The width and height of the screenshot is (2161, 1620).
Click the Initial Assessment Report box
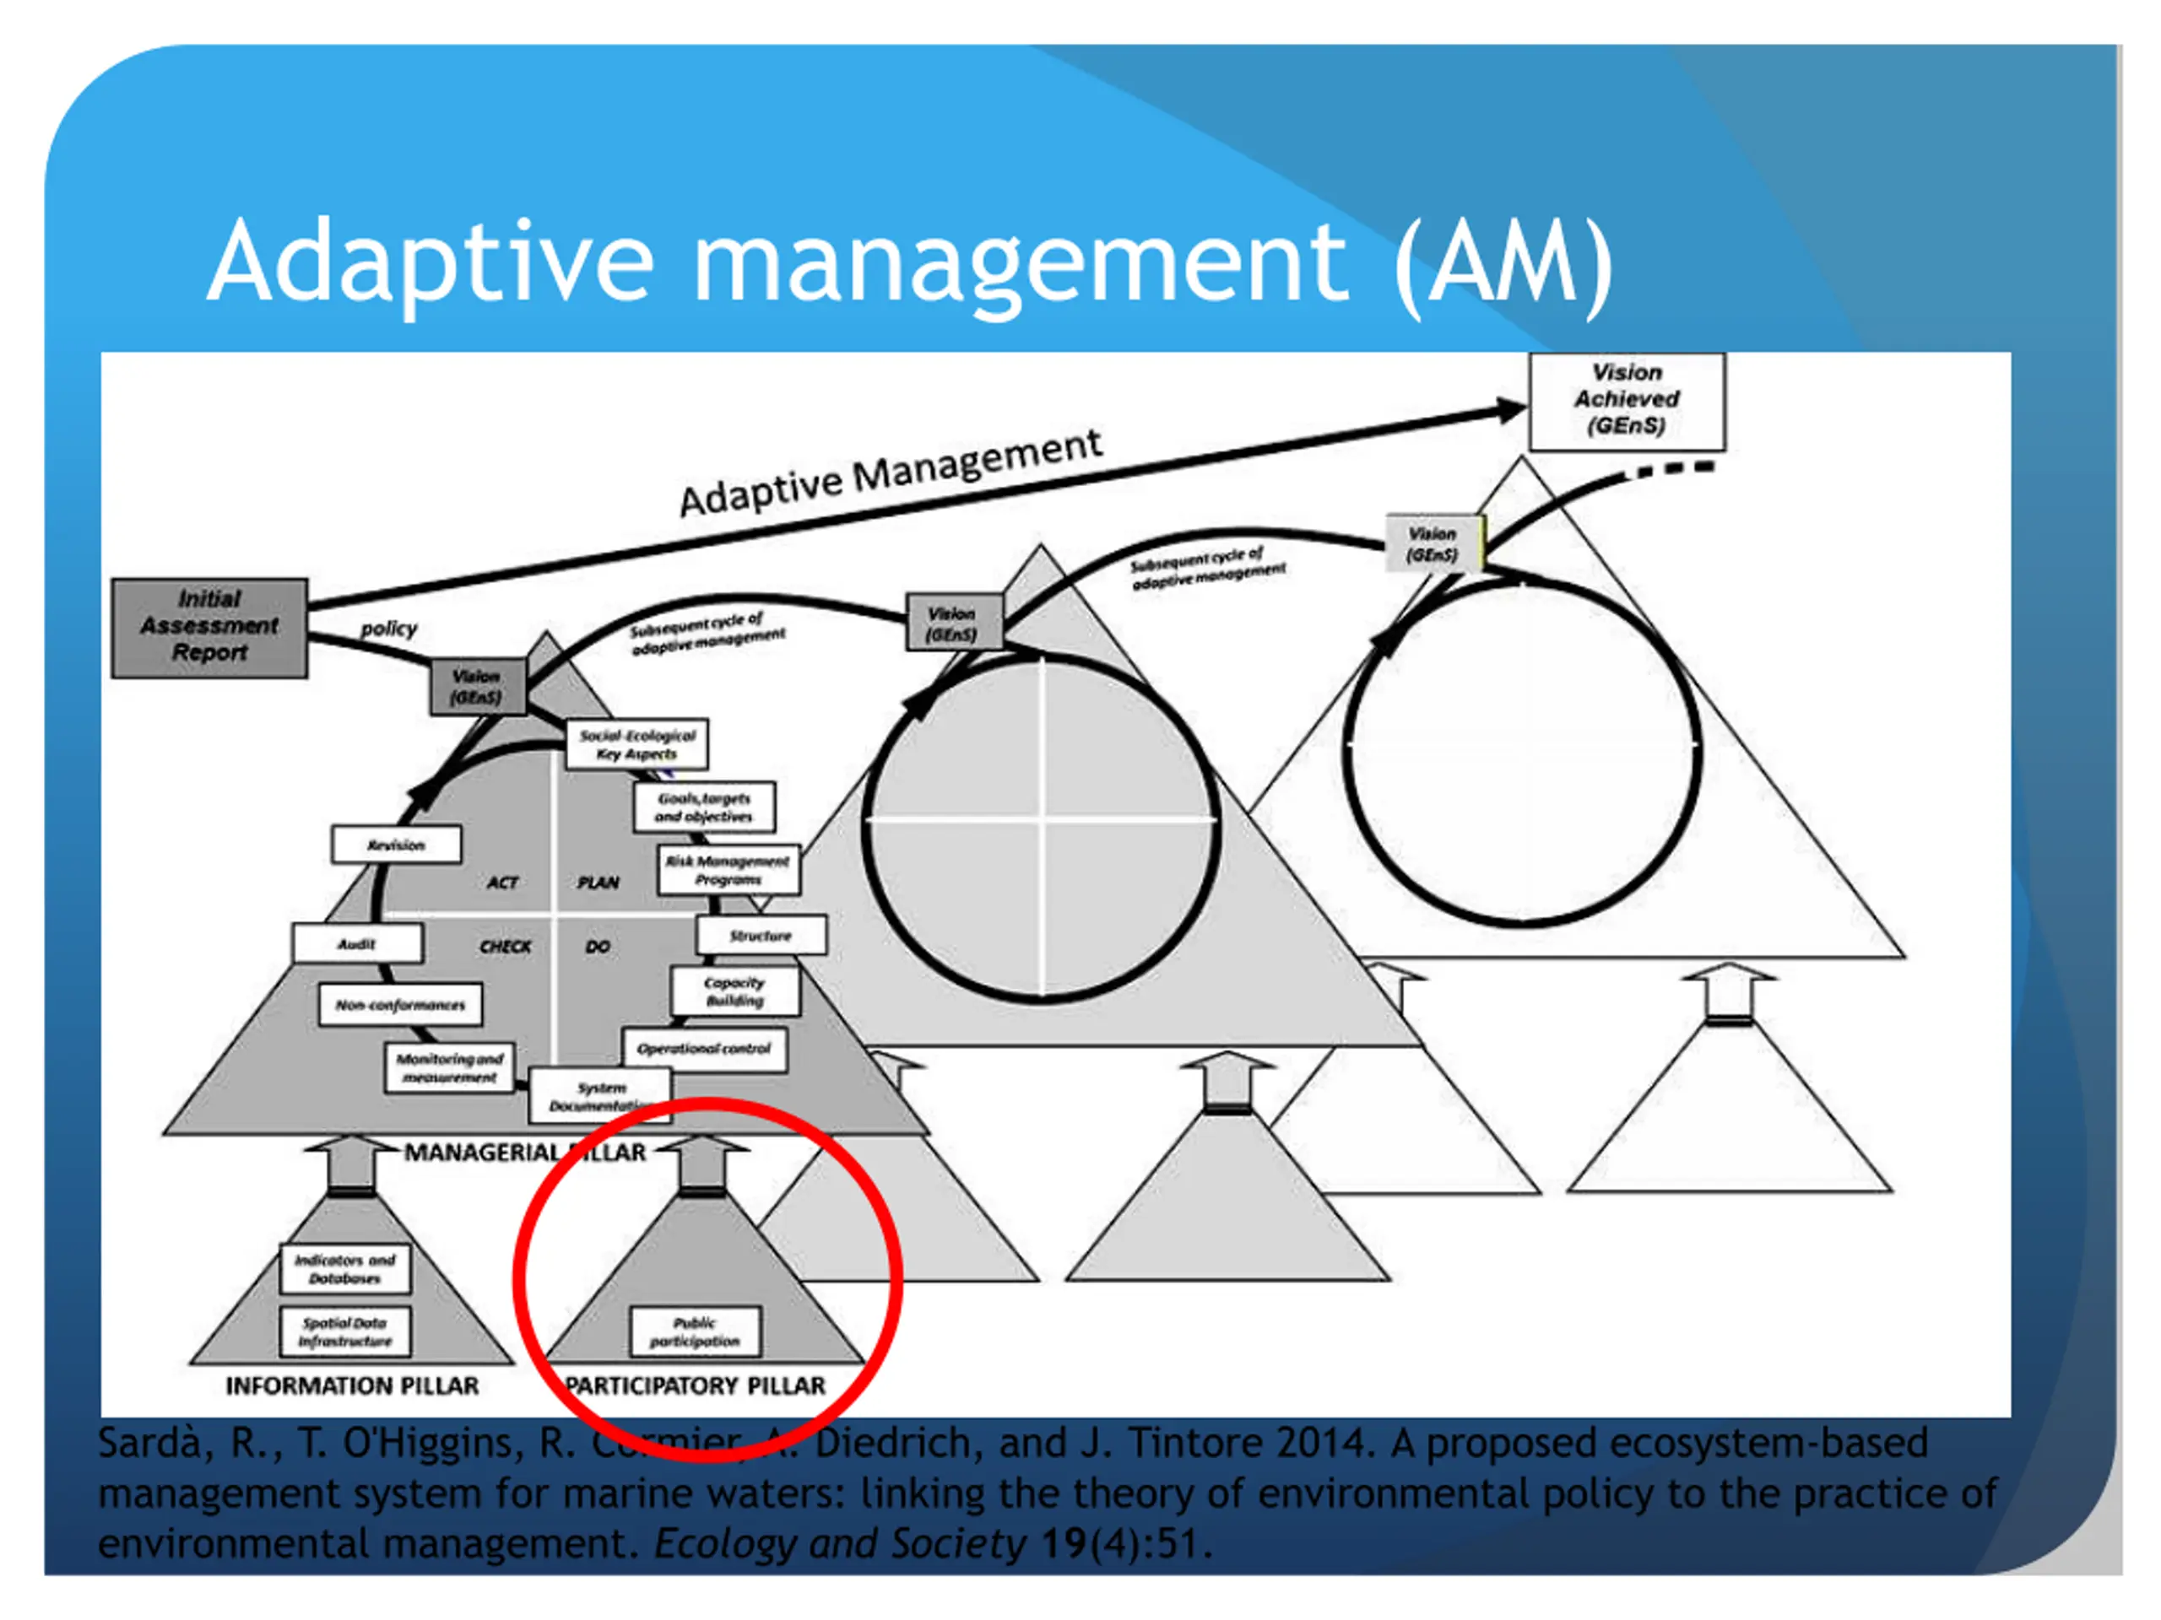[209, 627]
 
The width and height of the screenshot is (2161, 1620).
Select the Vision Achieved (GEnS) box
[1627, 401]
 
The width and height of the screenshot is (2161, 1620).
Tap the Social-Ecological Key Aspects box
[637, 744]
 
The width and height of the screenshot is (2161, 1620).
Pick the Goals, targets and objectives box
[703, 807]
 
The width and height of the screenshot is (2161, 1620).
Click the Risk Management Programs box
[728, 869]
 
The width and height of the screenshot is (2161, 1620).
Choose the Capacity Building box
[734, 991]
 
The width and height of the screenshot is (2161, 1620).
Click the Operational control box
[704, 1049]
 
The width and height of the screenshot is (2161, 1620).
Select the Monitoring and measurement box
[449, 1067]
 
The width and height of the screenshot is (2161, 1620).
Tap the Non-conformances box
[401, 1005]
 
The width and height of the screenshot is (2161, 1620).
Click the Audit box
[356, 943]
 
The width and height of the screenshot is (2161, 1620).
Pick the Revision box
[396, 845]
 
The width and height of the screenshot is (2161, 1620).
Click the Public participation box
[695, 1332]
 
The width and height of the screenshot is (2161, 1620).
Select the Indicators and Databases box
[345, 1268]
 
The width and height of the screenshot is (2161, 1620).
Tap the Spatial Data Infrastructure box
[345, 1332]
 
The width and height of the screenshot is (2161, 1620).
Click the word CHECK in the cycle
[505, 946]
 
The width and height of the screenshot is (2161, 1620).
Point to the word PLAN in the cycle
[598, 883]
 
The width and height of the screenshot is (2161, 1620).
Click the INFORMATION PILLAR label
[352, 1385]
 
